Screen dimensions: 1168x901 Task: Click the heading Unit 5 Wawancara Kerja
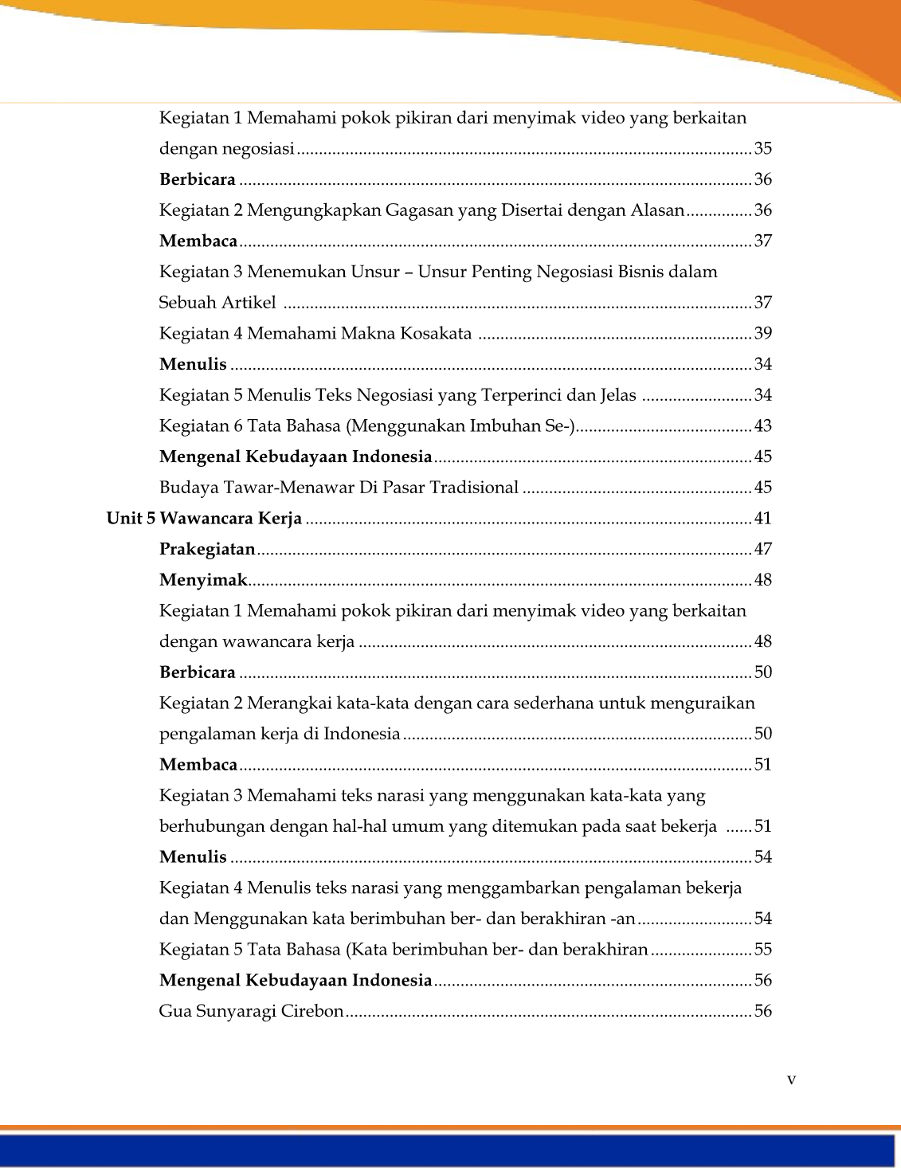204,519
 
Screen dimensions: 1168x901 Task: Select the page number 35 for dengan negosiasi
762,148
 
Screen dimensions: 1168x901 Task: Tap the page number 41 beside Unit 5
762,519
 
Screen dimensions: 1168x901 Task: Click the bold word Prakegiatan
207,549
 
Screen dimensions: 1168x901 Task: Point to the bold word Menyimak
203,580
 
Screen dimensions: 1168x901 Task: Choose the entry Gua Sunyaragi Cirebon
251,1011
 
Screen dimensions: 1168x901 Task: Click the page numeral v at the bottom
791,1080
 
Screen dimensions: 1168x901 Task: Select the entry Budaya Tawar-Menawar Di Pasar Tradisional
339,488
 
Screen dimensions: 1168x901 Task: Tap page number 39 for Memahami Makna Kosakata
762,333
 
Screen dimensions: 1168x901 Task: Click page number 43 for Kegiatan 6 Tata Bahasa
762,425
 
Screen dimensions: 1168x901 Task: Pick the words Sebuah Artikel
217,303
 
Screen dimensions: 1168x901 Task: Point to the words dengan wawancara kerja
257,641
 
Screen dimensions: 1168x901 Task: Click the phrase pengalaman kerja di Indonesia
280,734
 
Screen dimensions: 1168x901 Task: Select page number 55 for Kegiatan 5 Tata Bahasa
762,950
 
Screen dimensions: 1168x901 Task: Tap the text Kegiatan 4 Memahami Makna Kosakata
315,333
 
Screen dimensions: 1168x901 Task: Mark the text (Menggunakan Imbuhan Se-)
460,425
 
